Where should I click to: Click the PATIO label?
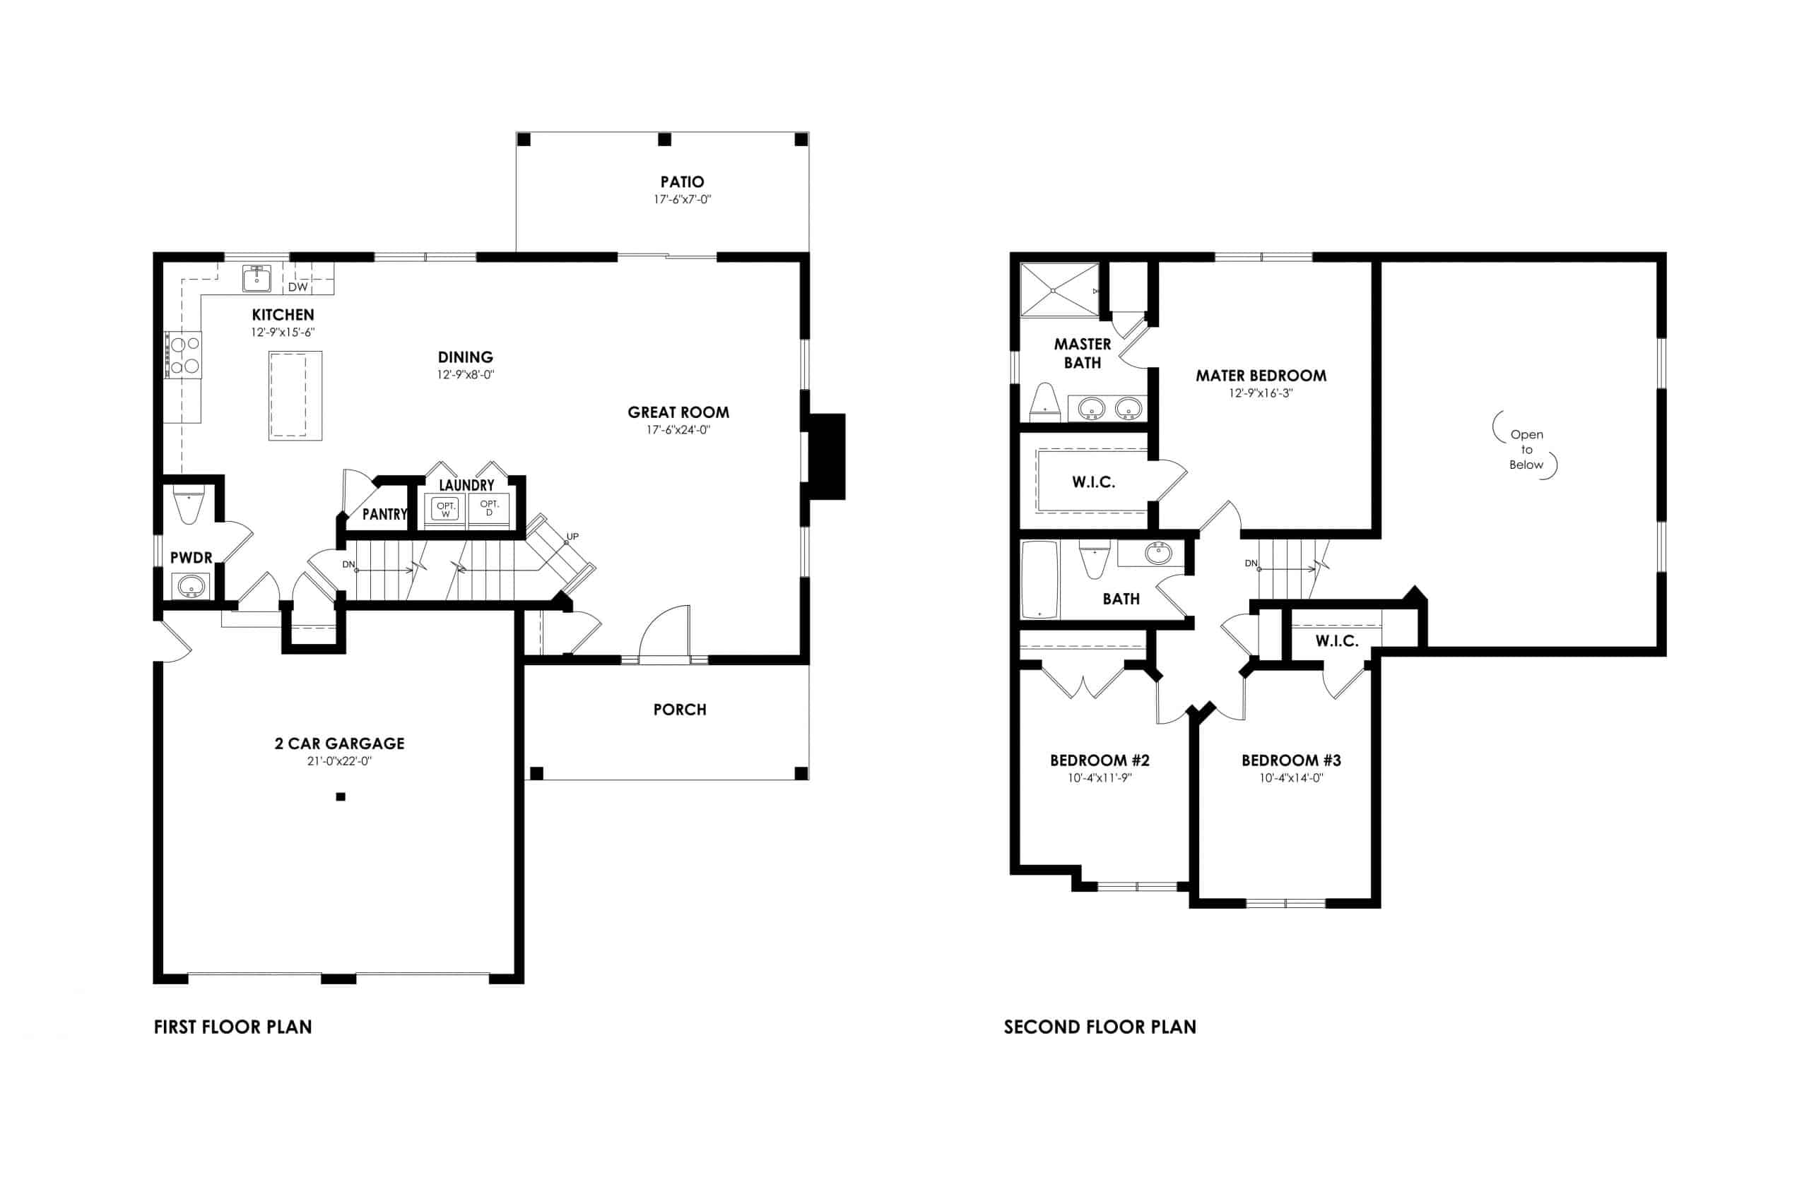tap(682, 181)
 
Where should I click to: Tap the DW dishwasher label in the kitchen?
tap(297, 287)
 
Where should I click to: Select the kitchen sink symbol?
tap(257, 279)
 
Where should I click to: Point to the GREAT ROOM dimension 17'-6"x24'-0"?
tap(678, 430)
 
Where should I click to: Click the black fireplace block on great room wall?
tap(827, 456)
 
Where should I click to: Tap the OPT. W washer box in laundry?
tap(445, 508)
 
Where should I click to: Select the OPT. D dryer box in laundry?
tap(489, 508)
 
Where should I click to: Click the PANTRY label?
tap(384, 514)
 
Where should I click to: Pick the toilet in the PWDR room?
tap(189, 505)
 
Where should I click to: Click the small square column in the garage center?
tap(341, 797)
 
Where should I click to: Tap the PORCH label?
tap(680, 710)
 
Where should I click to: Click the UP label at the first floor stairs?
tap(572, 537)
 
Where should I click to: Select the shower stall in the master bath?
tap(1059, 290)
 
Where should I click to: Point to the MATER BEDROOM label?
tap(1260, 375)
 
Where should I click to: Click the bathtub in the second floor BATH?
tap(1039, 580)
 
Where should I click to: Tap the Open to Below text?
tap(1526, 450)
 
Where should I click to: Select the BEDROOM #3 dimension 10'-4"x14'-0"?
tap(1290, 778)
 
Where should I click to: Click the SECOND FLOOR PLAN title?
tap(1099, 1027)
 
